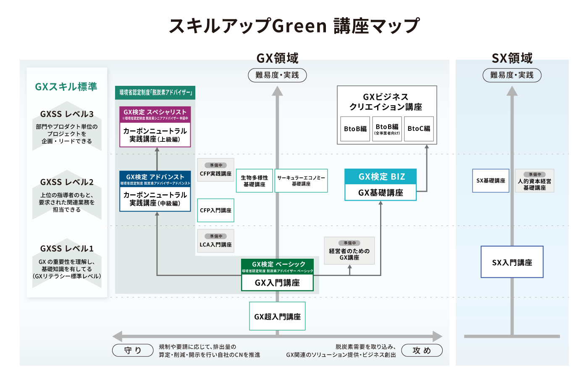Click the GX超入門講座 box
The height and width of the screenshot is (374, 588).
(x=277, y=316)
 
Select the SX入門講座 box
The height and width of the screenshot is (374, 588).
(x=512, y=262)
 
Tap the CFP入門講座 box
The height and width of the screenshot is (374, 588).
(x=215, y=210)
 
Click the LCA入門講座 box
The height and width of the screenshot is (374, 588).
(x=215, y=241)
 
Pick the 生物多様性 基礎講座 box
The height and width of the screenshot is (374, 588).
(x=254, y=181)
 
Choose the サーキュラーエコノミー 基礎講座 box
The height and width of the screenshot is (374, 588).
(x=301, y=181)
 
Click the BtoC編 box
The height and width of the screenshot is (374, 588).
(x=419, y=129)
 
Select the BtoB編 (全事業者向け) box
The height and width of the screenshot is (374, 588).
(x=387, y=129)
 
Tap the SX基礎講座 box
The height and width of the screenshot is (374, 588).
(x=491, y=181)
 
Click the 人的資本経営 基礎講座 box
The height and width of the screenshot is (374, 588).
(x=534, y=181)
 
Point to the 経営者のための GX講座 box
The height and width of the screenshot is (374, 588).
(x=349, y=251)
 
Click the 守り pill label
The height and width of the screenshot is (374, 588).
(x=133, y=350)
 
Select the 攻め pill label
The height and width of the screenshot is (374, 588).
(x=422, y=350)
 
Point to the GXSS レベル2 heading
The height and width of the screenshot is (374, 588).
(x=67, y=182)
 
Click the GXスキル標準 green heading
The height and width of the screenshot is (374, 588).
(x=66, y=87)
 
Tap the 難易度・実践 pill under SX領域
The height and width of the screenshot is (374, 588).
(x=512, y=75)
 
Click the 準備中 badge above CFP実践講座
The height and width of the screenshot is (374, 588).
(x=216, y=165)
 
